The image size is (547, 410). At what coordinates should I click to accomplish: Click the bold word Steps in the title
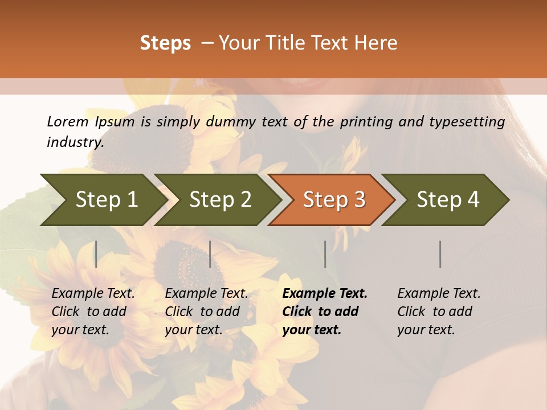pyautogui.click(x=165, y=43)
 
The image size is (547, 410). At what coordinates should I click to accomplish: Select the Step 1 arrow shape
pyautogui.click(x=103, y=200)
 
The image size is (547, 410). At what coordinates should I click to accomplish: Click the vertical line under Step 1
pyautogui.click(x=96, y=254)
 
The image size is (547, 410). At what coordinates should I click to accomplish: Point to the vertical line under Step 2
pyautogui.click(x=210, y=254)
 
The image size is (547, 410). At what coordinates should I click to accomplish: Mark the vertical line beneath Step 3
pyautogui.click(x=325, y=254)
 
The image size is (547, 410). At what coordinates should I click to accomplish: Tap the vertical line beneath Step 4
pyautogui.click(x=440, y=254)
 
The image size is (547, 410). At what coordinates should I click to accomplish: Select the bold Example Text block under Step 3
pyautogui.click(x=325, y=311)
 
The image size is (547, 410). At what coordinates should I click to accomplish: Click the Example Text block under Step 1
pyautogui.click(x=93, y=311)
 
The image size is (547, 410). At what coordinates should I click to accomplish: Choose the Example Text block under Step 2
pyautogui.click(x=206, y=311)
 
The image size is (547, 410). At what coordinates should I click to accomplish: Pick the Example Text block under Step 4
pyautogui.click(x=439, y=311)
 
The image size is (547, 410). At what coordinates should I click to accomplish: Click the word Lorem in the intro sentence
pyautogui.click(x=67, y=121)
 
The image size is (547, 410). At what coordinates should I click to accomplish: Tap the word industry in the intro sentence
pyautogui.click(x=75, y=142)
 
